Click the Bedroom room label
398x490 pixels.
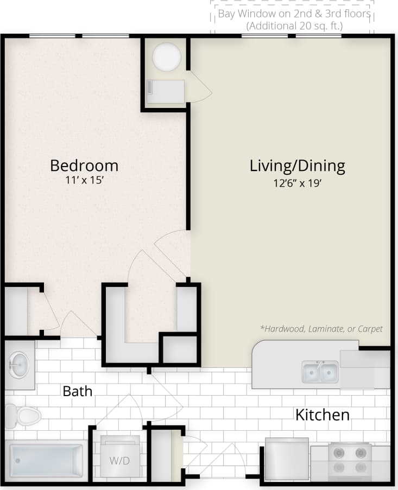click(x=84, y=165)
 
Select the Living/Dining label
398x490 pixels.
click(x=297, y=166)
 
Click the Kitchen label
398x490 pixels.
click(x=322, y=415)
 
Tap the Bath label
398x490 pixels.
click(x=77, y=391)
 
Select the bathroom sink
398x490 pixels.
click(x=20, y=365)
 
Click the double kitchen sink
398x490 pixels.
click(x=320, y=372)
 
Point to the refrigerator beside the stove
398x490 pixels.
click(x=287, y=459)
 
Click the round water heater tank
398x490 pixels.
click(x=166, y=56)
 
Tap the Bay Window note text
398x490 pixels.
click(x=294, y=14)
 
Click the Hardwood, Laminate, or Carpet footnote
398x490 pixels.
click(x=321, y=329)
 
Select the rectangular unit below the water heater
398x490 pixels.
click(x=166, y=91)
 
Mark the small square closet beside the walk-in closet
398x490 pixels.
click(x=180, y=349)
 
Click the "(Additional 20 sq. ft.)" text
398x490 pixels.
click(x=294, y=26)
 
